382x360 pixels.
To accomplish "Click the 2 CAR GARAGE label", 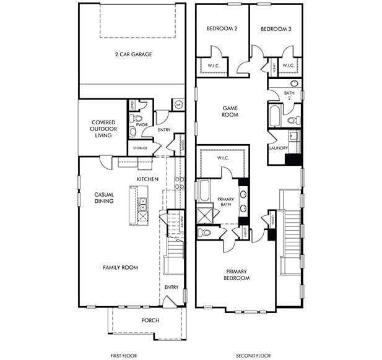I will (x=133, y=54).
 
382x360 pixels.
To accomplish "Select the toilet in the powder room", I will (x=138, y=118).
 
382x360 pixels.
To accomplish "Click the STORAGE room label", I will (x=140, y=148).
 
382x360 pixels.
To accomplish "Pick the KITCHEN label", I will (x=148, y=179).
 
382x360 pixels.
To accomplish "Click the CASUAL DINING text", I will (x=104, y=198).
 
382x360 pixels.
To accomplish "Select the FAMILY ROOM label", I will (x=120, y=267).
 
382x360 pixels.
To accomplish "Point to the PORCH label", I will (x=150, y=320).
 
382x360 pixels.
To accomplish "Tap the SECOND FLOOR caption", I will (x=253, y=356).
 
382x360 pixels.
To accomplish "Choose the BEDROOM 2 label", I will (x=222, y=29).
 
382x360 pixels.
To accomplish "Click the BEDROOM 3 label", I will (x=276, y=29).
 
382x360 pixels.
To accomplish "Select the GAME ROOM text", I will (x=230, y=111).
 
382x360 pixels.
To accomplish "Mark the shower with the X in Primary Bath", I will (x=204, y=215).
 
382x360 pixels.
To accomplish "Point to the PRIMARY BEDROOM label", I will (x=237, y=275).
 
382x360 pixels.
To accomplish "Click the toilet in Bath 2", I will (x=295, y=119).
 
